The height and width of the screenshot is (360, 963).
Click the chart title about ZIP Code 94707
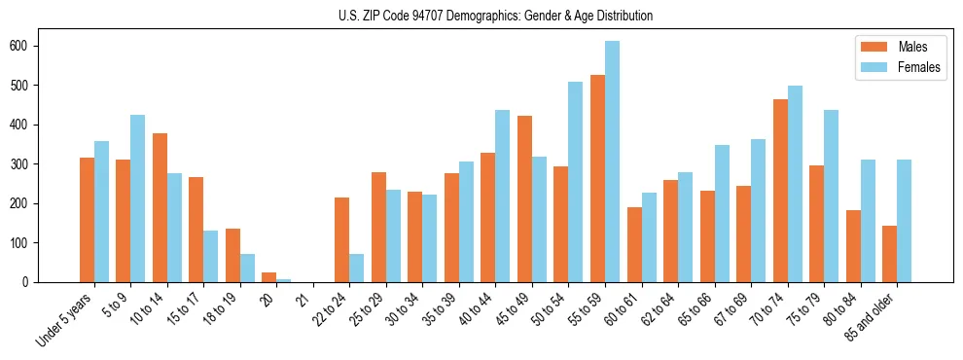481,16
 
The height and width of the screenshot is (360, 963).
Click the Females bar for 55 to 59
612,162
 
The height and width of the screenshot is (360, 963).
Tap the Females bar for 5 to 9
138,198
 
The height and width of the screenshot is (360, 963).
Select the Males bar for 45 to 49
524,199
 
